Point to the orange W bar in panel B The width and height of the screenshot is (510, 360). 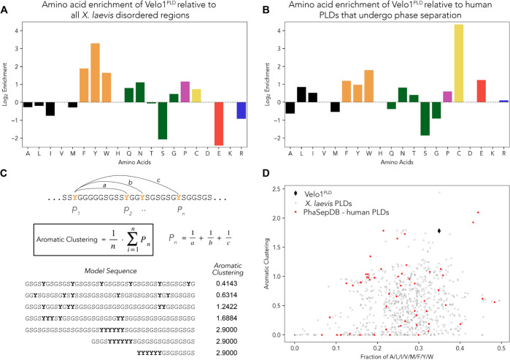(x=368, y=86)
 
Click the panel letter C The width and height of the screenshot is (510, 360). (x=6, y=175)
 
